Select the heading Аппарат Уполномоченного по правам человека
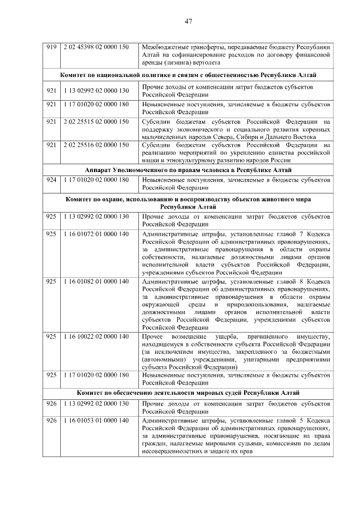[188, 170]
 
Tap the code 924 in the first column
[52, 180]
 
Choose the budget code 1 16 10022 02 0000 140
[96, 336]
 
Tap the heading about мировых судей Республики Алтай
[188, 392]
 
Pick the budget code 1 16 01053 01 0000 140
[96, 421]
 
